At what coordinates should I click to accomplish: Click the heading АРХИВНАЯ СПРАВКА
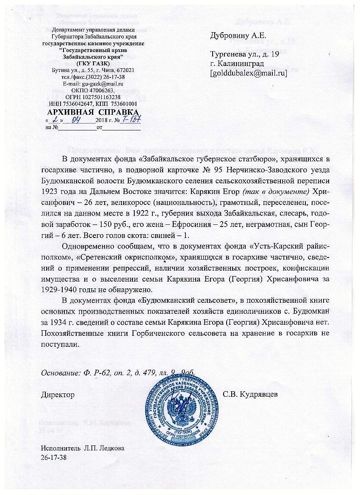(93, 112)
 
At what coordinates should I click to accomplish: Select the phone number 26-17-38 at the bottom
(54, 457)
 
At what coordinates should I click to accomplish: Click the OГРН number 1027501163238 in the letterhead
(104, 97)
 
